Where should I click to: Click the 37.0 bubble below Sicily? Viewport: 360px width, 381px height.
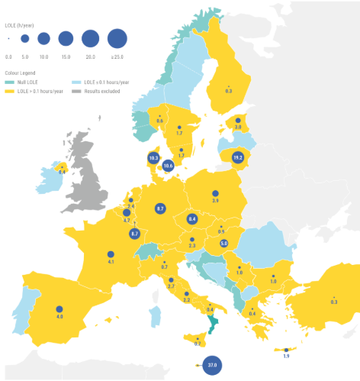(213, 366)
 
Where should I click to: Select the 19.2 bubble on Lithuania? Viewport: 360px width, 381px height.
(237, 157)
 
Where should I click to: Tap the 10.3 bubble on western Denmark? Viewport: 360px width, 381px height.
(153, 158)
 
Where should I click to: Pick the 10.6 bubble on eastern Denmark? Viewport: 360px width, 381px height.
(169, 165)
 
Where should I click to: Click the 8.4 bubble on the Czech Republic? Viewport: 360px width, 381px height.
(192, 219)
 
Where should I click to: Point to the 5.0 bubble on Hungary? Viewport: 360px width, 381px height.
(224, 243)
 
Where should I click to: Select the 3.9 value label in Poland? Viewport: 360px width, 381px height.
(216, 201)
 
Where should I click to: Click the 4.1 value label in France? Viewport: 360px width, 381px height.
(111, 262)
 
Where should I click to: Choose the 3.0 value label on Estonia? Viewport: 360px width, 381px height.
(237, 128)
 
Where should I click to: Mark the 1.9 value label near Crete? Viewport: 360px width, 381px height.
(286, 357)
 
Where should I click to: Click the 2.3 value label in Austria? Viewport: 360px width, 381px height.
(192, 246)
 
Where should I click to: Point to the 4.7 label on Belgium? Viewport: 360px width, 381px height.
(127, 220)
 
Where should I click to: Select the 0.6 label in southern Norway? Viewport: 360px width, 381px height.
(160, 121)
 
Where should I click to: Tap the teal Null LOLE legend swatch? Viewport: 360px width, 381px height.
(9, 82)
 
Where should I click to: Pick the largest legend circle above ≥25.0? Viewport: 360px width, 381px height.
(117, 37)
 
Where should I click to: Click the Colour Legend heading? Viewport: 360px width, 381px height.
(20, 73)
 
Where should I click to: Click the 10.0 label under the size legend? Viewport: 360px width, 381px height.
(43, 57)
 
